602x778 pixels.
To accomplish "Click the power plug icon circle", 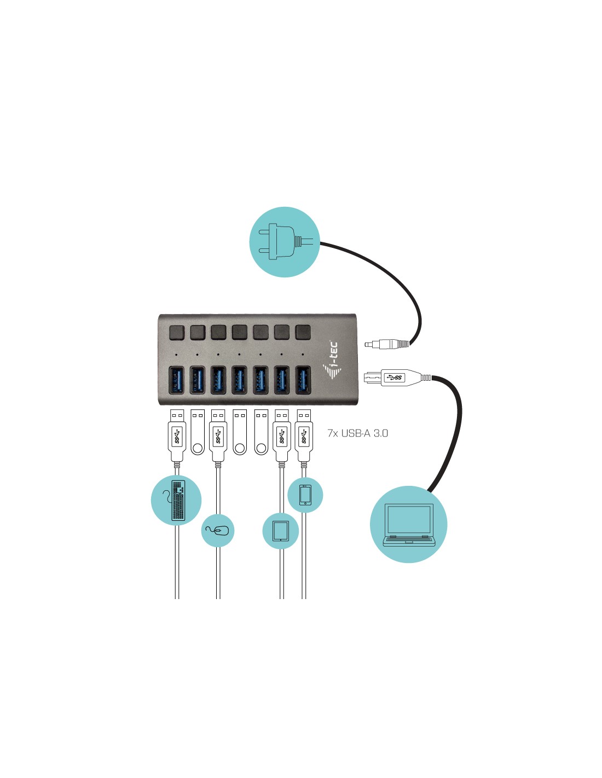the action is click(285, 242).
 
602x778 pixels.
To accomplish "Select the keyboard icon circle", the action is click(176, 500).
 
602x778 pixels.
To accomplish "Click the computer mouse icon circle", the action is click(218, 531).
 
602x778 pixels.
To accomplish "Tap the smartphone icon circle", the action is click(305, 495).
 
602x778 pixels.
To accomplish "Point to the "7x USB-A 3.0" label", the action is click(357, 433).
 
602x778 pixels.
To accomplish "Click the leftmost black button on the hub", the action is click(176, 332).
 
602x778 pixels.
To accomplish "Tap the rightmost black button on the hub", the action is click(303, 332).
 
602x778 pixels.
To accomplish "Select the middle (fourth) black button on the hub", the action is click(240, 332).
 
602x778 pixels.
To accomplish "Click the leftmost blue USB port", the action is click(176, 380).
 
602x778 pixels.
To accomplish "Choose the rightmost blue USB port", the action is click(303, 380).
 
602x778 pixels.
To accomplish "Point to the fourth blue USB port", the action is click(240, 380).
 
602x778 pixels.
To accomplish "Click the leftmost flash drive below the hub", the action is click(198, 432).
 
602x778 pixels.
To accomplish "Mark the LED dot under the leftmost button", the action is click(176, 355).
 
